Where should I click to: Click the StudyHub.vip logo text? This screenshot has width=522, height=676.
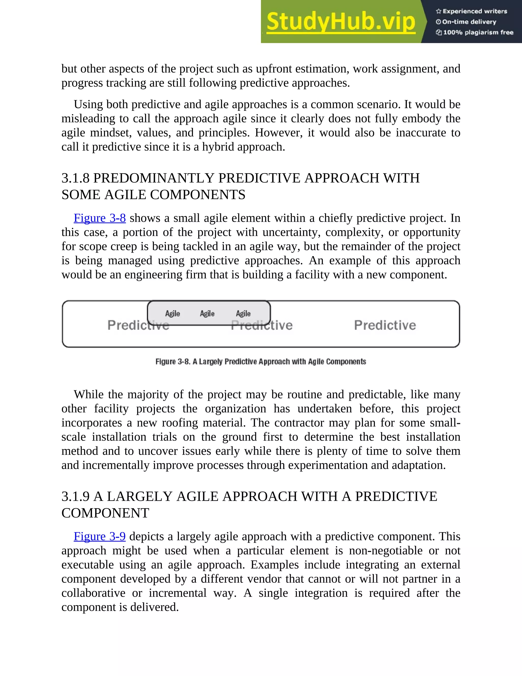coord(341,22)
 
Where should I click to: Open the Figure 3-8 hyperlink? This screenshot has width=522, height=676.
coord(100,218)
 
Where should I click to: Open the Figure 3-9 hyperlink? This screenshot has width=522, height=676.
coord(100,536)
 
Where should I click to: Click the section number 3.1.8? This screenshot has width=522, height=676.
coord(75,178)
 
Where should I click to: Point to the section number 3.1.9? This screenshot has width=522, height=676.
coord(75,496)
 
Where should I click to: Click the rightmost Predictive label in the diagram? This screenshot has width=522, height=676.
coord(385,325)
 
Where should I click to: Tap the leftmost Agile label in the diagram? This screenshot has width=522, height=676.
coord(173,314)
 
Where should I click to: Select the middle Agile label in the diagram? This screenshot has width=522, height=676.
coord(207,314)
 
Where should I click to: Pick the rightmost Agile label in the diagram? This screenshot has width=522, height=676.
coord(243,314)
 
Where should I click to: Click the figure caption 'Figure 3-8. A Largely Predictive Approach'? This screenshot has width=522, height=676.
coord(261,361)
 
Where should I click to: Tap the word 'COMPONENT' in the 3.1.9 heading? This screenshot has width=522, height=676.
coord(105,513)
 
